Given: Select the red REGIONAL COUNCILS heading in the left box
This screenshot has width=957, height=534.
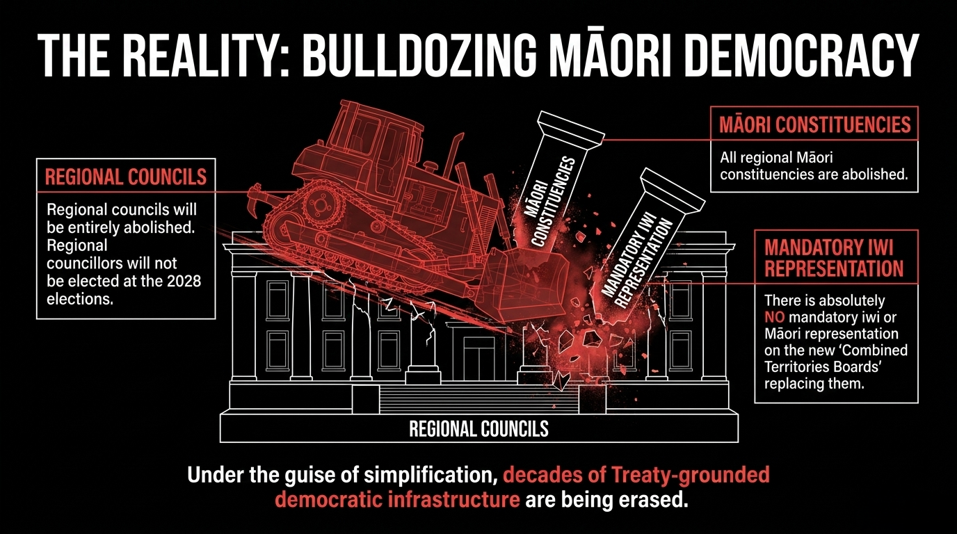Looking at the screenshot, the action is [x=126, y=177].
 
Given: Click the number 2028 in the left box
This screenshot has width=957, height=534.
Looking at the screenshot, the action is [x=184, y=281].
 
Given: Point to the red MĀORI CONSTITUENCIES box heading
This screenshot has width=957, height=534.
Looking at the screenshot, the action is [x=815, y=124].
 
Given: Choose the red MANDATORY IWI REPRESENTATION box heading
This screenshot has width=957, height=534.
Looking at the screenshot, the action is [x=834, y=258].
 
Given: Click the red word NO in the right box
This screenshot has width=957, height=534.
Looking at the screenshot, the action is [x=775, y=317].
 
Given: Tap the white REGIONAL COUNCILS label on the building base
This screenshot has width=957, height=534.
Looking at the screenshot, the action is [x=479, y=428].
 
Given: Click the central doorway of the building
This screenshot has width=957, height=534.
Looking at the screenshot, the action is [x=478, y=359].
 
